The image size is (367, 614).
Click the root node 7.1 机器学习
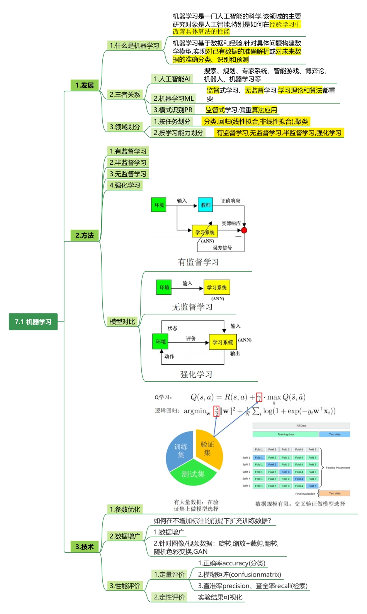[33, 322]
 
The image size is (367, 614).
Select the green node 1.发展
[85, 85]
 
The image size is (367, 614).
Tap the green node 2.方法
[85, 235]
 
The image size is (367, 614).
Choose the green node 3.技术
[85, 547]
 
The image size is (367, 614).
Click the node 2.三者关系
[125, 95]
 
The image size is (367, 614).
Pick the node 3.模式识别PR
[173, 110]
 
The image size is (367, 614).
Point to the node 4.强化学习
[125, 185]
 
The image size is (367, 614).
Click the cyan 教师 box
[206, 205]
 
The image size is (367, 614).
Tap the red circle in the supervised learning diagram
[244, 230]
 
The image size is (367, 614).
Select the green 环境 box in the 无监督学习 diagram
[164, 288]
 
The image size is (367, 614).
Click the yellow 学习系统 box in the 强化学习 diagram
[223, 342]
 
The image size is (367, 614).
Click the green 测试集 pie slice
[193, 474]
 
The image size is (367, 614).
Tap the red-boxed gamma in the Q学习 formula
[259, 397]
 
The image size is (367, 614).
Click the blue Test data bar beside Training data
[335, 434]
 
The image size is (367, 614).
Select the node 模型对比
[122, 321]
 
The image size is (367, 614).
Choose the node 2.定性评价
[169, 597]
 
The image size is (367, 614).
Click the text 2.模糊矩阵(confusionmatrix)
[240, 575]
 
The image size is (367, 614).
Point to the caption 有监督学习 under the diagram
[198, 262]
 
